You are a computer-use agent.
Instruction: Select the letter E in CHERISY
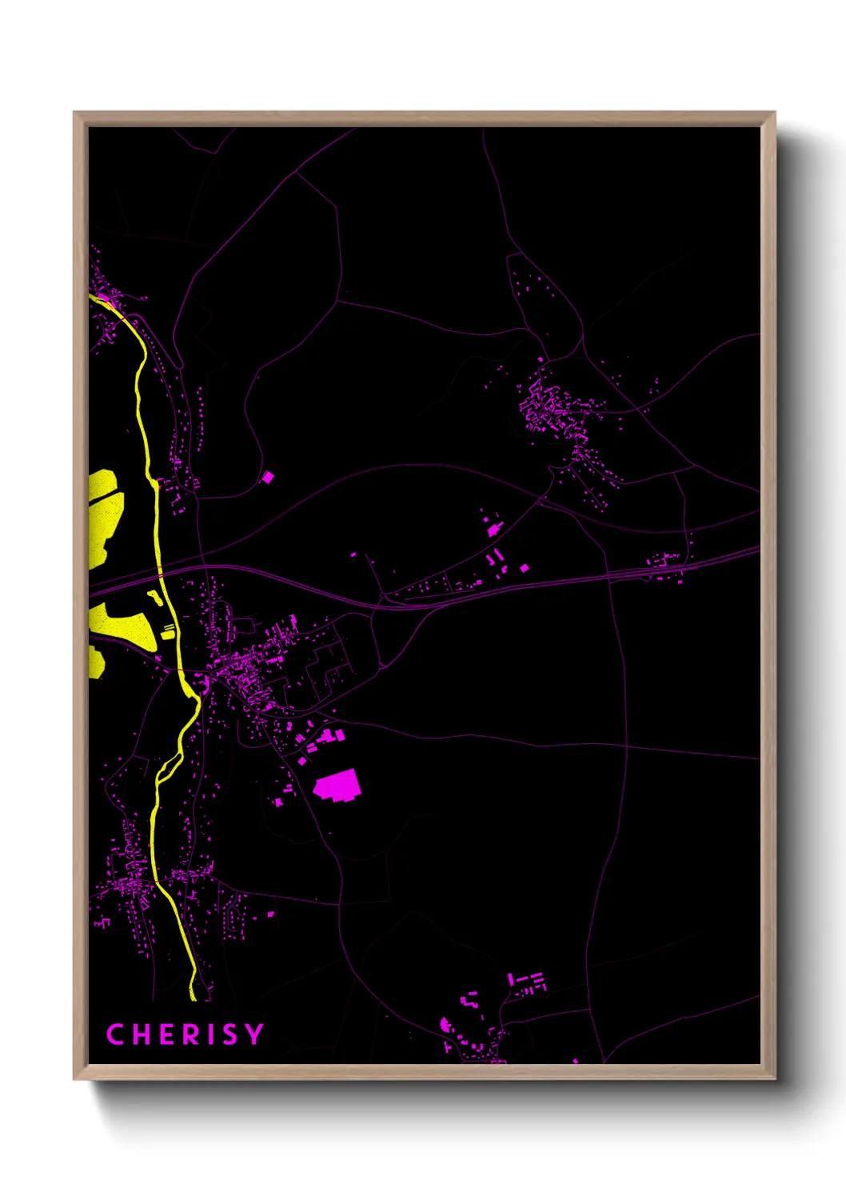163,1034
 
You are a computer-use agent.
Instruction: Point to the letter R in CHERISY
187,1034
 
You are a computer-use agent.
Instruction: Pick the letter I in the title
208,1034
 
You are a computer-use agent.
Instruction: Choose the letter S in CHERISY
229,1034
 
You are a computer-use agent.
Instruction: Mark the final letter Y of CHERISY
253,1034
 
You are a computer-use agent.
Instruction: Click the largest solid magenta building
337,785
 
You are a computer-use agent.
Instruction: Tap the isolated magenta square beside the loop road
268,478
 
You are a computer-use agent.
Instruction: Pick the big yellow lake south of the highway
124,625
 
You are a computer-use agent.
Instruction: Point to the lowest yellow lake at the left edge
95,662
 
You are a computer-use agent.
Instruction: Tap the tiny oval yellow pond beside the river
153,596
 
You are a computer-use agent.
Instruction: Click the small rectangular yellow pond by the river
169,632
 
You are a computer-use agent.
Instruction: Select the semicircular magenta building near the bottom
446,1024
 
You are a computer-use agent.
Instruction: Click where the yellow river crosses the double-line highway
161,574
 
